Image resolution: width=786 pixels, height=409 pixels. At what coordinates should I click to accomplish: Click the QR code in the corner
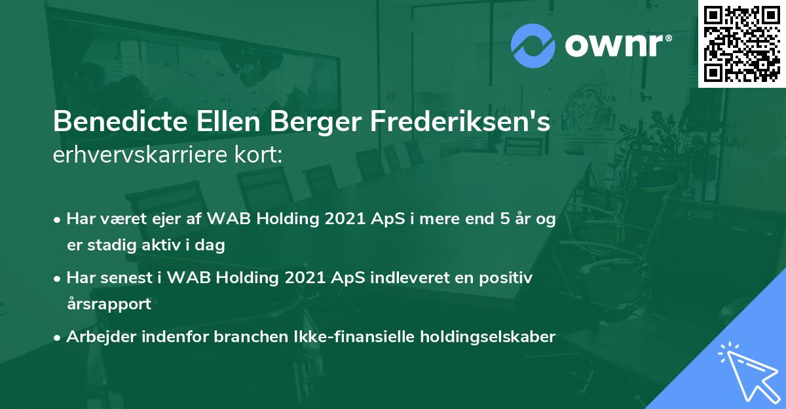click(741, 44)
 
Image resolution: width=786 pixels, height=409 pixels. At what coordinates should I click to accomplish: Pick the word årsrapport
click(109, 304)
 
